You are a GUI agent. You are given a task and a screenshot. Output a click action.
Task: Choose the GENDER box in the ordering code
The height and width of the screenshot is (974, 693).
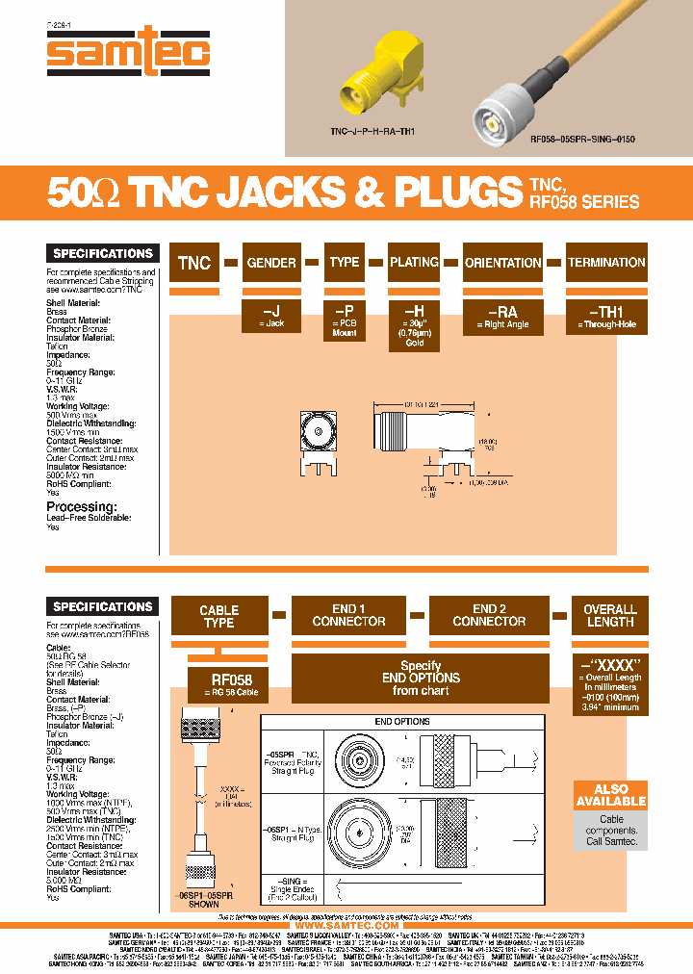coord(271,262)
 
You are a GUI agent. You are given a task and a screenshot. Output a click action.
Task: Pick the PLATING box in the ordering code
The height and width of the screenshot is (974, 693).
coord(414,262)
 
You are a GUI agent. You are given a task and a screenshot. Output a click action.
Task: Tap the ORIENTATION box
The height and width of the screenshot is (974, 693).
coord(503,262)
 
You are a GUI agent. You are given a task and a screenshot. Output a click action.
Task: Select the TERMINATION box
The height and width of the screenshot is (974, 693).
coord(606,262)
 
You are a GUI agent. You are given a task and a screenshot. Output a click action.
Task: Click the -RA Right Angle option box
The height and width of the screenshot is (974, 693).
coord(503,318)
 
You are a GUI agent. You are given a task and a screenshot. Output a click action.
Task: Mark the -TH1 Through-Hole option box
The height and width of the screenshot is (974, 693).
coord(606,318)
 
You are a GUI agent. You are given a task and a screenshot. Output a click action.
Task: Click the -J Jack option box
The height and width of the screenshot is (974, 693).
coord(271,318)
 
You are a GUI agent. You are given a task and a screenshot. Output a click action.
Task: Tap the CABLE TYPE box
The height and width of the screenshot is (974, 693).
coord(218,616)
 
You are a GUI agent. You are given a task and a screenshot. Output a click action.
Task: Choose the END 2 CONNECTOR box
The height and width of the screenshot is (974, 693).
coord(488,615)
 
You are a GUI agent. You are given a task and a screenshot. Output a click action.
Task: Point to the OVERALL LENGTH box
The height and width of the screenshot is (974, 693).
coord(609,615)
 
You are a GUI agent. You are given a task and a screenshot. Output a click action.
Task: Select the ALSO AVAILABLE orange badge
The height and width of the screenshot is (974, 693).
coord(611,795)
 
